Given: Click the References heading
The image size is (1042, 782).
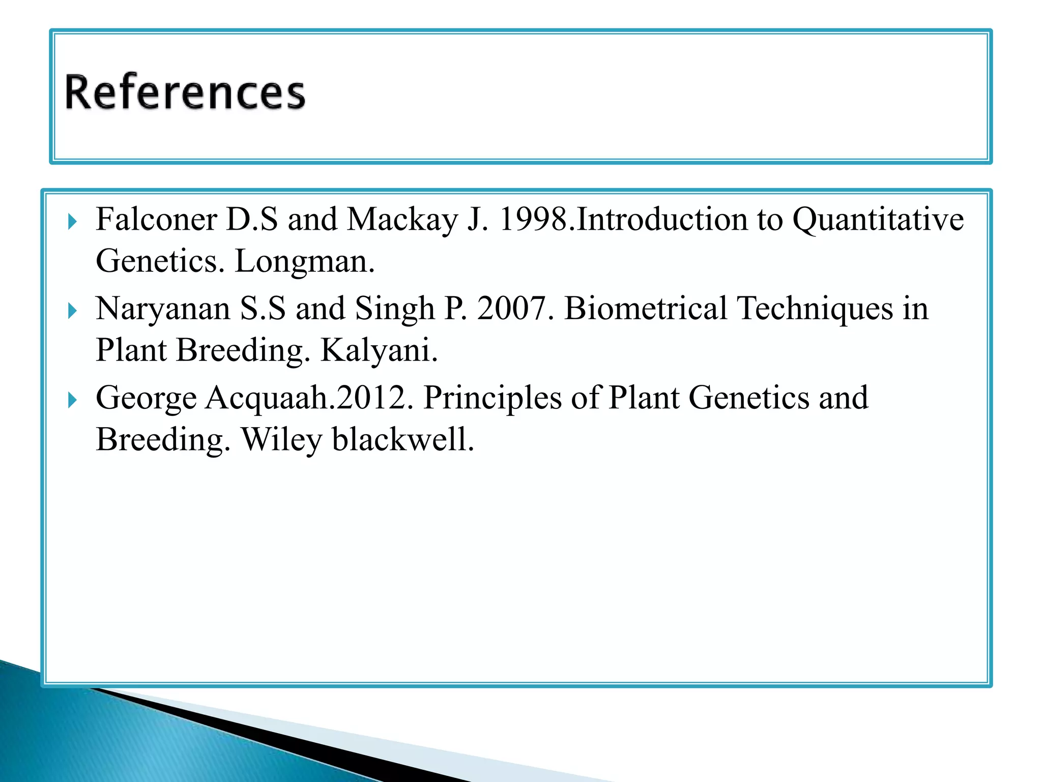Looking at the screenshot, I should [185, 92].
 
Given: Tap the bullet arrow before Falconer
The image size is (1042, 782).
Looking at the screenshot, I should [72, 222].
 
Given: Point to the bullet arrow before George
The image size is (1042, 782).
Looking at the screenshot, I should [72, 400].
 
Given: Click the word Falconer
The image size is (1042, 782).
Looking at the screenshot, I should [156, 220].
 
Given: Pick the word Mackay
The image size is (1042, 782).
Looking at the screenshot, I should [402, 220].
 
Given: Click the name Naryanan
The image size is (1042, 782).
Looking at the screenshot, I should [163, 309].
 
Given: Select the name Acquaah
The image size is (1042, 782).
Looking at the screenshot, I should [267, 398].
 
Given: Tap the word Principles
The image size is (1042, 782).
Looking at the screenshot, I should [492, 398].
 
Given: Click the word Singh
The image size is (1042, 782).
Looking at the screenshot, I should [394, 309].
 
